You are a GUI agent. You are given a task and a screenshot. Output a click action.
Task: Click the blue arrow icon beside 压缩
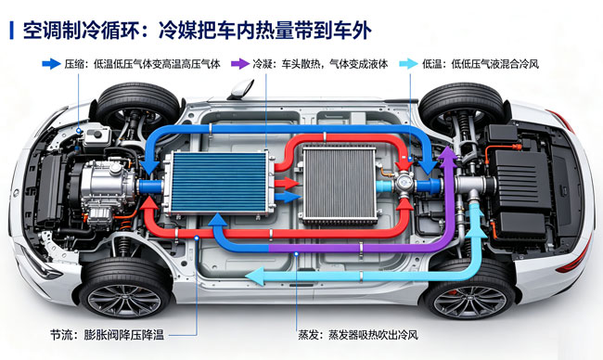pyautogui.click(x=51, y=64)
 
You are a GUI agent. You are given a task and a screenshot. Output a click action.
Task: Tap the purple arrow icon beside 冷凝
pyautogui.click(x=240, y=64)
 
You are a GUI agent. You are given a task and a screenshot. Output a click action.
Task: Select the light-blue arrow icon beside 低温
pyautogui.click(x=408, y=64)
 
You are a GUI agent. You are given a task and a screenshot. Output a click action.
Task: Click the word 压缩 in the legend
pyautogui.click(x=74, y=64)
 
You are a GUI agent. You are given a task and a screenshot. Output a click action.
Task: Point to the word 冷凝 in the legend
pyautogui.click(x=263, y=64)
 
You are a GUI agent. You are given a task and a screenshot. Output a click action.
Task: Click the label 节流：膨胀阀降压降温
pyautogui.click(x=107, y=335)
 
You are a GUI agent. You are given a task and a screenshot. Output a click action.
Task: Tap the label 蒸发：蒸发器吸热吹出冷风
pyautogui.click(x=358, y=335)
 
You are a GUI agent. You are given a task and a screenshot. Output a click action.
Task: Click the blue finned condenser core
pyautogui.click(x=219, y=182)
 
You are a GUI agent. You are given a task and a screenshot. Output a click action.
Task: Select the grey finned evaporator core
pyautogui.click(x=339, y=185)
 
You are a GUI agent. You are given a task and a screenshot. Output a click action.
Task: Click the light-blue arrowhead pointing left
pyautogui.click(x=255, y=276)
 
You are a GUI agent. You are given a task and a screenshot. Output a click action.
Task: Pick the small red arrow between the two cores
pyautogui.click(x=287, y=183)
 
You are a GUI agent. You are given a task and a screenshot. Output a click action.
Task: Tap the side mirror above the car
pyautogui.click(x=241, y=89)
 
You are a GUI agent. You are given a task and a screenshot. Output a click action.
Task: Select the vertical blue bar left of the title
pyautogui.click(x=11, y=31)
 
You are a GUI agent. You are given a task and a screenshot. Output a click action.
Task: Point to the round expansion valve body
pyautogui.click(x=404, y=181)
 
